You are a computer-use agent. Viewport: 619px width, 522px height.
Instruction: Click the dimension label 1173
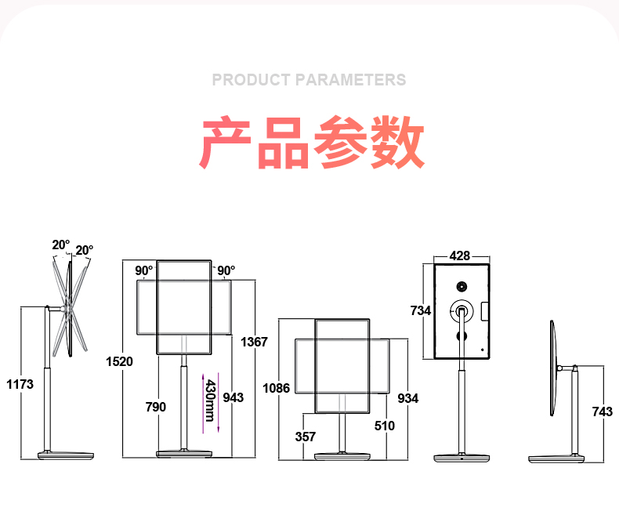click(20, 385)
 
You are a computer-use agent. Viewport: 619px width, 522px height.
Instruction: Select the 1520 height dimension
click(120, 361)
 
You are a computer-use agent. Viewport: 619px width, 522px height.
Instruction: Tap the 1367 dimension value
click(254, 342)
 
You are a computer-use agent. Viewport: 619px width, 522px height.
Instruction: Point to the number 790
click(156, 407)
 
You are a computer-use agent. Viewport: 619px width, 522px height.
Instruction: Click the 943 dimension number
click(233, 397)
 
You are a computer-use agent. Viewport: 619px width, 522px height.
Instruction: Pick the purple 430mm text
click(209, 401)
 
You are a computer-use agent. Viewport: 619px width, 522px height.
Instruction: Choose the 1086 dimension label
click(277, 388)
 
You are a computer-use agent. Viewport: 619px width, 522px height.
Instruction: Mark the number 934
click(408, 398)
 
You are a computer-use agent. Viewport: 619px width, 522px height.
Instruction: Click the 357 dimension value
click(306, 437)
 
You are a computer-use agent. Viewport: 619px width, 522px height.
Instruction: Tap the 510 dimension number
click(384, 426)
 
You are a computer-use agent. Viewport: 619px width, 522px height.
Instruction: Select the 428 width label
click(460, 256)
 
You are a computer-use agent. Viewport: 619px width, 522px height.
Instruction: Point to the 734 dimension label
click(421, 310)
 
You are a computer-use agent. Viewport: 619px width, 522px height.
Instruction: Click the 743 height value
click(602, 412)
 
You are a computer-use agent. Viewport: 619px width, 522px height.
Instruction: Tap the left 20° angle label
click(61, 245)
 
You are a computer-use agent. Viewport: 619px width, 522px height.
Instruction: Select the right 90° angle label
click(226, 271)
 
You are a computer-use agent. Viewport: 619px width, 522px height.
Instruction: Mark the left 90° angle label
click(144, 271)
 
